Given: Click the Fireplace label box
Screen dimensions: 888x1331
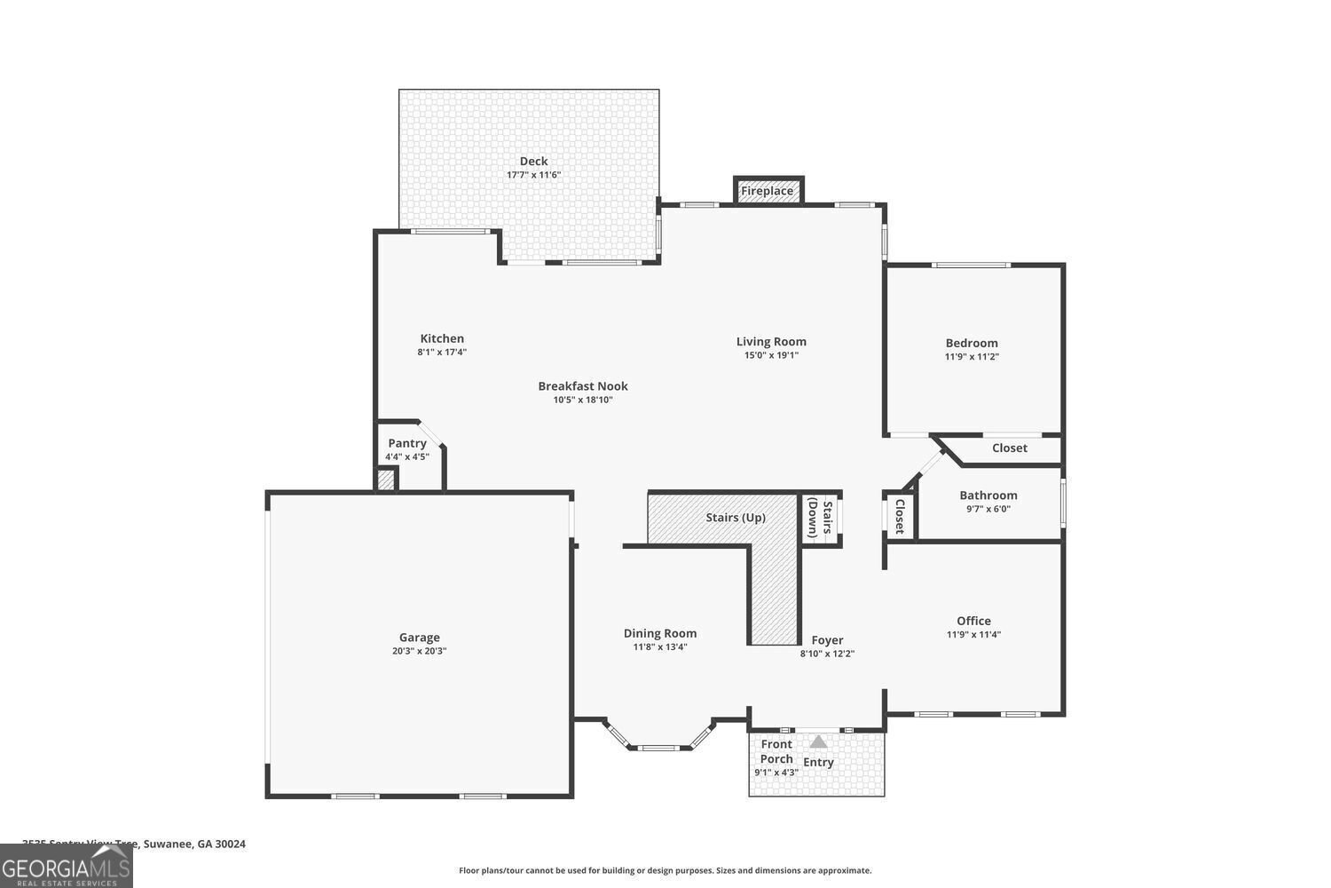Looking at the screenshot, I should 768,191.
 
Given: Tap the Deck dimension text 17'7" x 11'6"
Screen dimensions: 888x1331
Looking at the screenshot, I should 533,175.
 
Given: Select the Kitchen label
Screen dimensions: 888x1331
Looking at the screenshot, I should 442,338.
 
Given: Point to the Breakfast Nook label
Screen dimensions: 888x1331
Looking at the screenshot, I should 583,385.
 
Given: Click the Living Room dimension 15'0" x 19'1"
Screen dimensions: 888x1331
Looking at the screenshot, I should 771,355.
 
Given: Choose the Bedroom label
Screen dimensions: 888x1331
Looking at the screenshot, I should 972,343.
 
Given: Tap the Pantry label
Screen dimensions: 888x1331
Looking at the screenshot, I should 407,443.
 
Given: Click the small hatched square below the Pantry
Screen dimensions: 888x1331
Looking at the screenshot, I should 386,480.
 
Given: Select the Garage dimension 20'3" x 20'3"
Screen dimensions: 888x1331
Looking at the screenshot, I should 419,651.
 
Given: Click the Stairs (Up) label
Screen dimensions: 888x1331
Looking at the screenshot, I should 736,518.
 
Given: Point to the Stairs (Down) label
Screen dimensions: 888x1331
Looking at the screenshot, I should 820,519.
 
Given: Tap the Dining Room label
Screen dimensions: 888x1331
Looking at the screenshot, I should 660,633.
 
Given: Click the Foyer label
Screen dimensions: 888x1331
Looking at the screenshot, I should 827,640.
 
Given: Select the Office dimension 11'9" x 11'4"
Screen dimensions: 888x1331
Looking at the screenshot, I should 973,635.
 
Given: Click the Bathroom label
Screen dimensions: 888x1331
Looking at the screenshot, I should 988,496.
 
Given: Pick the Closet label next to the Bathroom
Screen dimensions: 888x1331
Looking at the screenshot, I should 899,516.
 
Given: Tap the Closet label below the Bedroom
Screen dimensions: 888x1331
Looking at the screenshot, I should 1010,448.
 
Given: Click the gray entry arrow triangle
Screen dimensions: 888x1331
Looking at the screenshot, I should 818,741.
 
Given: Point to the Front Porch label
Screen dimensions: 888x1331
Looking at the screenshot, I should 776,751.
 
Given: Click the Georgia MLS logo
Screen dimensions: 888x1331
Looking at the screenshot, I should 67,866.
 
